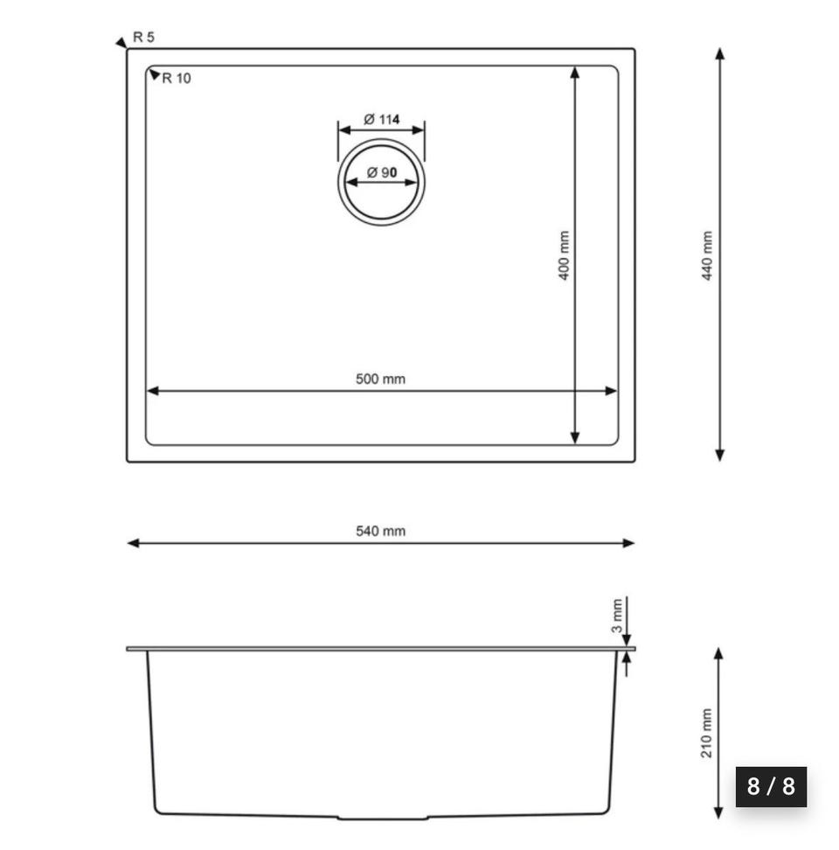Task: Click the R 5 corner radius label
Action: coord(143,38)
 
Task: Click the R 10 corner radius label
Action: coord(177,79)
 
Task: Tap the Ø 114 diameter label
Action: coord(382,119)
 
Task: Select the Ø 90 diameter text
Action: coord(382,172)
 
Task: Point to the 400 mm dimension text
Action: coord(564,255)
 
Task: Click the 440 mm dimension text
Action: coord(707,255)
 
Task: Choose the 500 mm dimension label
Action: coord(380,379)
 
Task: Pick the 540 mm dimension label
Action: coord(380,532)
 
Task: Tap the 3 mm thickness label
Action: coord(617,616)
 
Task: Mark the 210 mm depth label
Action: coord(706,733)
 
